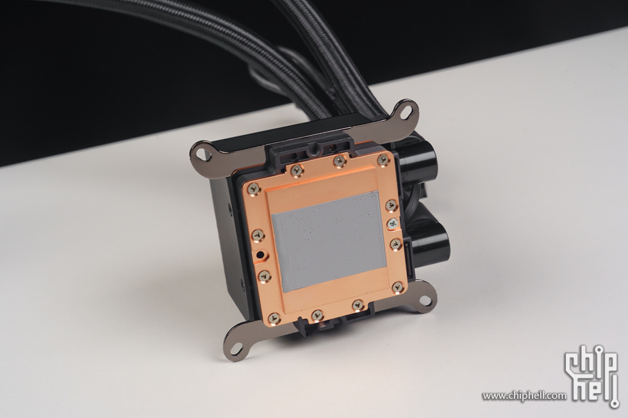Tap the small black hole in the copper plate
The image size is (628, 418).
click(x=261, y=254)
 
